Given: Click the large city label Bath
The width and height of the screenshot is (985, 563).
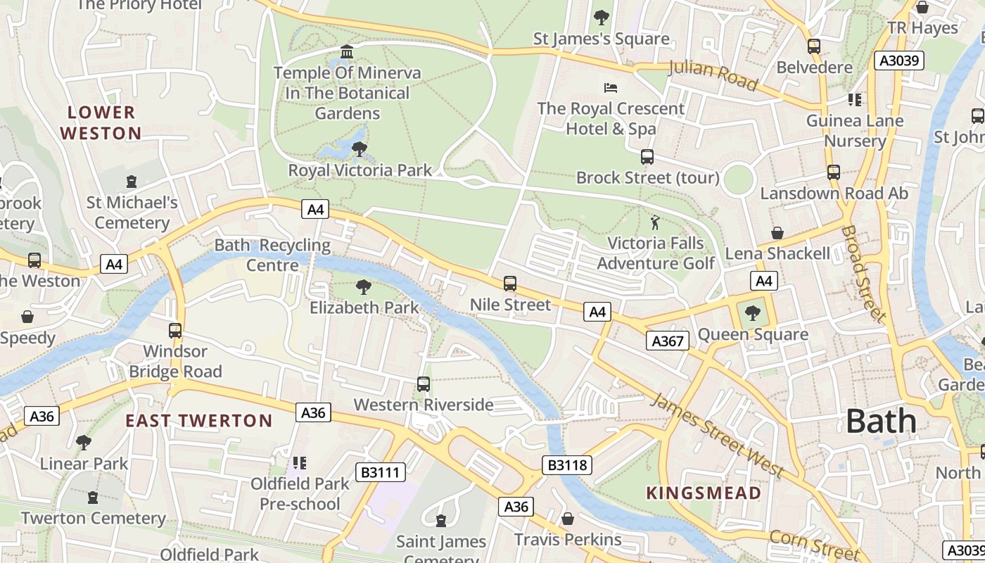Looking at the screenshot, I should (881, 421).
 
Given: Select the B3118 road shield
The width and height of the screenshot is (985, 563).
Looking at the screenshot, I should (567, 464).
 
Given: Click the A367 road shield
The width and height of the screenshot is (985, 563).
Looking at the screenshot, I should (667, 341).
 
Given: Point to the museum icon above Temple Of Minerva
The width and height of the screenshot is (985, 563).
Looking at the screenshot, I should (347, 52).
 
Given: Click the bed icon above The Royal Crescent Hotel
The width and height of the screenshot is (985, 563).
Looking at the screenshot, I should (611, 88).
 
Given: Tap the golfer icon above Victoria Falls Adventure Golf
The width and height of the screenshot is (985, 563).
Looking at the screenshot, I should (655, 222).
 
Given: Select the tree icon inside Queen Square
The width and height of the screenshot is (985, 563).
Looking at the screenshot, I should (753, 313).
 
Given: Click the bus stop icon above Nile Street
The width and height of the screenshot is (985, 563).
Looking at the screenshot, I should (510, 284).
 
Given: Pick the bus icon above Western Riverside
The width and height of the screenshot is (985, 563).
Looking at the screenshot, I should (424, 384).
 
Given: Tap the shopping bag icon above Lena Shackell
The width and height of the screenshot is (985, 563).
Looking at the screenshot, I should (777, 232).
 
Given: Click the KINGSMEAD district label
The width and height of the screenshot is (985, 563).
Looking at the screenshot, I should (704, 493).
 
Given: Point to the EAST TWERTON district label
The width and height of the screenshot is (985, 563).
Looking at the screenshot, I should (198, 421).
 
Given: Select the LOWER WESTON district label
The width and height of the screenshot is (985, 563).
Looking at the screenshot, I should (101, 122).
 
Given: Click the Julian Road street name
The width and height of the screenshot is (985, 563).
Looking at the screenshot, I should (712, 76).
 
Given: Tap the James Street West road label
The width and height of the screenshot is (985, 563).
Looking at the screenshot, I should (716, 435).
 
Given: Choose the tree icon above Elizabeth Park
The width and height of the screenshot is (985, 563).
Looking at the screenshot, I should (364, 286).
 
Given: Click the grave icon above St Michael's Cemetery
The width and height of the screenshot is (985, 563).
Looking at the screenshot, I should (132, 182).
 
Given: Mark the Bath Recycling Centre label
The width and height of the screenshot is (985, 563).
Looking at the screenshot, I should (272, 255).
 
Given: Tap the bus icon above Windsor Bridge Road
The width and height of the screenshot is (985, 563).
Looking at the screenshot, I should (175, 330).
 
